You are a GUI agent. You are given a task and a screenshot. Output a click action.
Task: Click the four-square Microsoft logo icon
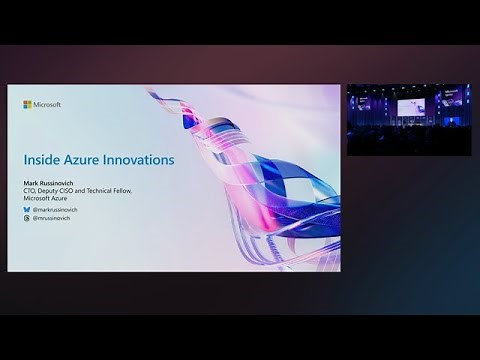tap(27, 104)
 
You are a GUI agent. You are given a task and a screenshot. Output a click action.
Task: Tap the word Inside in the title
tap(40, 160)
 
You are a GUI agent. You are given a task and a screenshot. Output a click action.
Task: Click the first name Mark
tap(31, 183)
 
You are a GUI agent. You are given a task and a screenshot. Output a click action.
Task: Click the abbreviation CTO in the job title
tap(30, 190)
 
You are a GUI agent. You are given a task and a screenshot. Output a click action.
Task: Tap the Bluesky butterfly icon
tap(27, 210)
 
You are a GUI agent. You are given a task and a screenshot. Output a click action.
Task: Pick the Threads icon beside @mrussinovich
tap(27, 218)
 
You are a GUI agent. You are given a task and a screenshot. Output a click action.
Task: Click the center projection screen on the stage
tap(410, 106)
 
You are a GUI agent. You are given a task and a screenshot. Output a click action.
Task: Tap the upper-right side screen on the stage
tap(454, 98)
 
